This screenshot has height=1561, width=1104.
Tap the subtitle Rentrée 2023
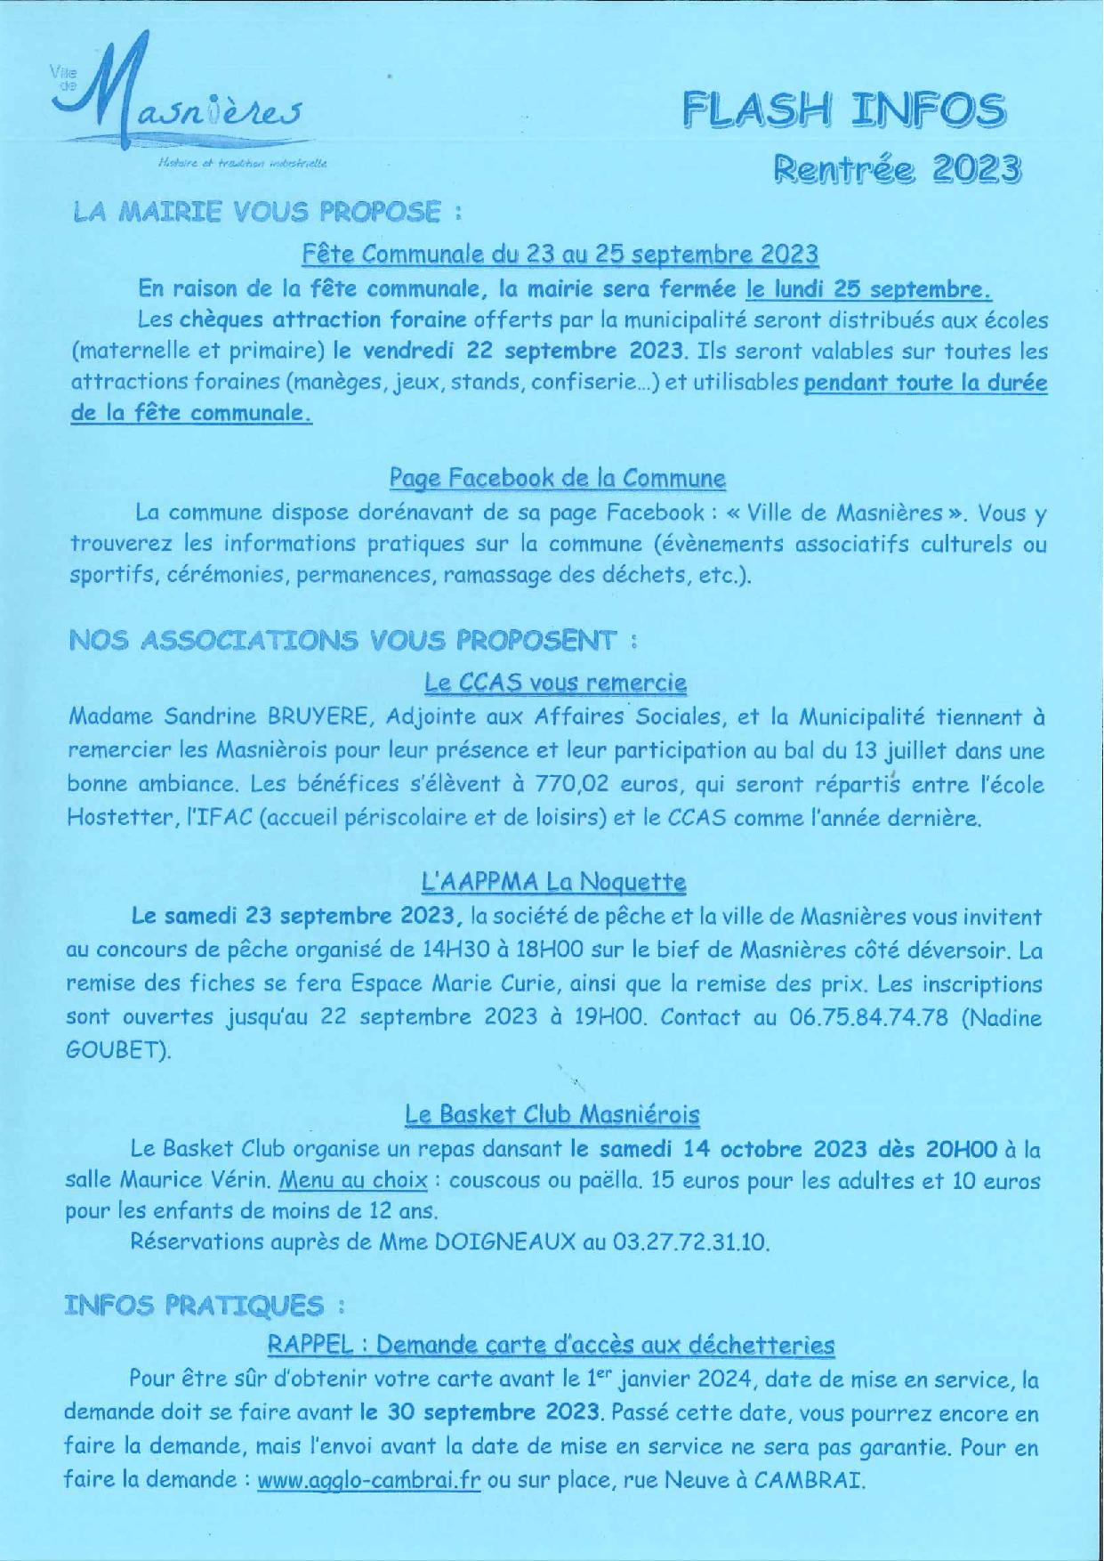pyautogui.click(x=895, y=168)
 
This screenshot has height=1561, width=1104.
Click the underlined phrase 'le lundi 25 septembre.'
pyautogui.click(x=869, y=289)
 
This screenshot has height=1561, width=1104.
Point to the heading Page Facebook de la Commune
pyautogui.click(x=558, y=478)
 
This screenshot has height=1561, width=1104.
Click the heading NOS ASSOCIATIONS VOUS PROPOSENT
pyautogui.click(x=353, y=639)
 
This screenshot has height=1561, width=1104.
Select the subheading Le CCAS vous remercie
pyautogui.click(x=556, y=683)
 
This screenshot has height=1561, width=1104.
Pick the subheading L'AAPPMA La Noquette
pyautogui.click(x=553, y=882)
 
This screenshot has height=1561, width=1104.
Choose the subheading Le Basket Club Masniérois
pyautogui.click(x=552, y=1114)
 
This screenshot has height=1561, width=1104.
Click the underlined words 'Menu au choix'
pyautogui.click(x=353, y=1181)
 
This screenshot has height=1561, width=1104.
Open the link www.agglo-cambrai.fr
pyautogui.click(x=368, y=1482)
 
